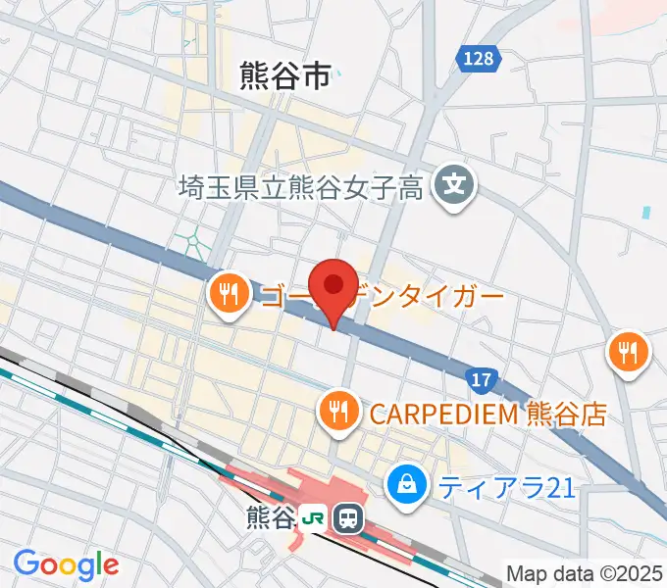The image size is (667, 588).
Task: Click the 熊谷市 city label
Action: click(285, 76)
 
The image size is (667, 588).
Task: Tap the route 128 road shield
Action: click(479, 59)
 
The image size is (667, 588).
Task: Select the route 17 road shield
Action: click(480, 378)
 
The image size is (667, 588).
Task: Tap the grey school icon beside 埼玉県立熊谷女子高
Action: click(455, 183)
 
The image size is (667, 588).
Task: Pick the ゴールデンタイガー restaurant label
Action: click(383, 294)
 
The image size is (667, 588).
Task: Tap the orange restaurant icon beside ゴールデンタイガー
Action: click(229, 293)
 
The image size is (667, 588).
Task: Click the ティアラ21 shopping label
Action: click(506, 484)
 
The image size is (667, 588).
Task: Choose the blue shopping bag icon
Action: click(405, 482)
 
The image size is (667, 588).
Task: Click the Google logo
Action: click(66, 564)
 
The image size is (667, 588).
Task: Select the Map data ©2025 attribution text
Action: click(585, 572)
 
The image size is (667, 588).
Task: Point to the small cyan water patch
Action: click(645, 212)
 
